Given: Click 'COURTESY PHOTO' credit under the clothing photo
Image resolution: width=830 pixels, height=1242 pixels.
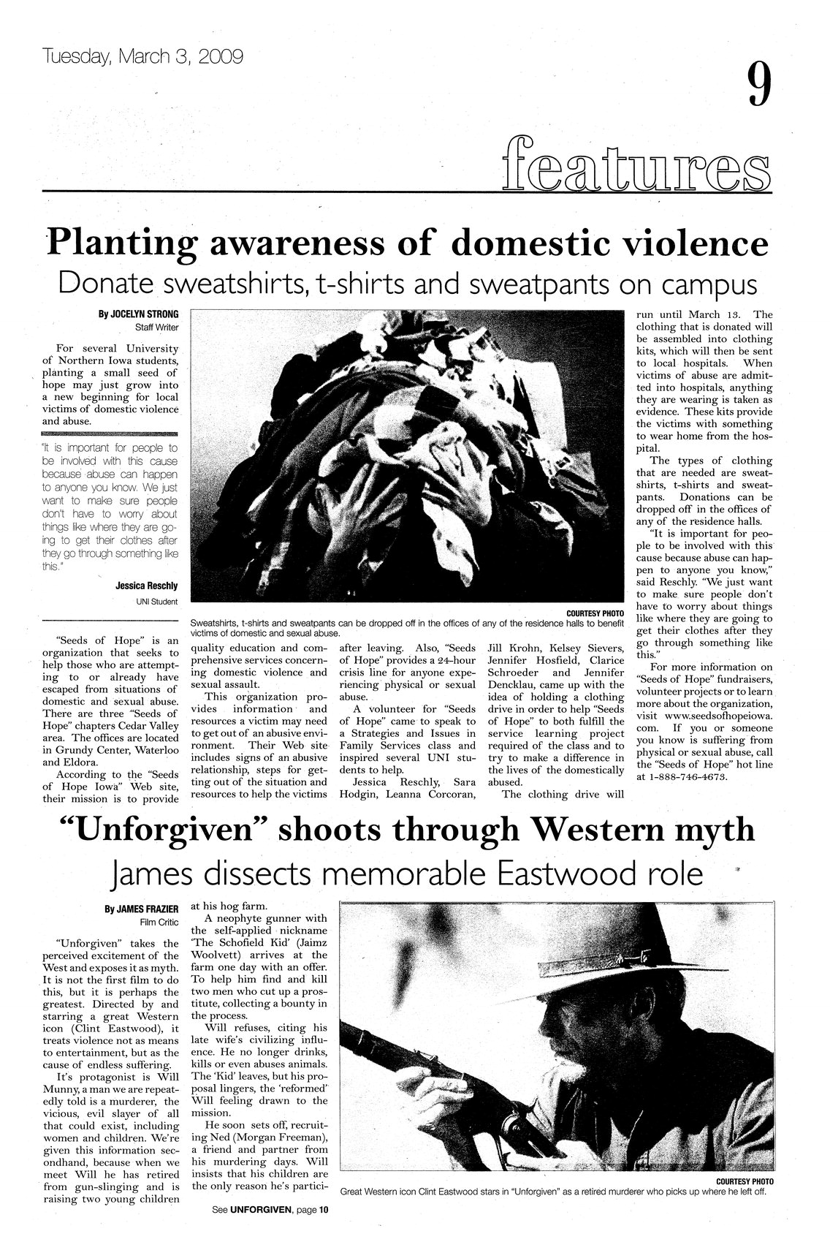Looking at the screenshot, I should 595,613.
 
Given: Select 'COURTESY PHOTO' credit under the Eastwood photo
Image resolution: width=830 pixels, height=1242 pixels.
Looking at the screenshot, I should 745,1181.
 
